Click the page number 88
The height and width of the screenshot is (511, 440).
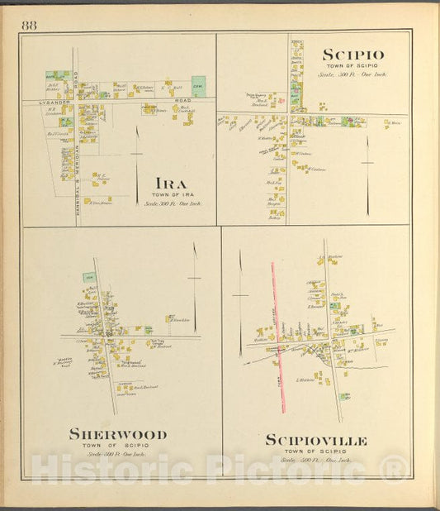29,25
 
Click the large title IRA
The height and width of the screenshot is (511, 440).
169,183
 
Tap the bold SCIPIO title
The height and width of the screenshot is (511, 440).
352,55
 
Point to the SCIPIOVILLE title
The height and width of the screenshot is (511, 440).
316,441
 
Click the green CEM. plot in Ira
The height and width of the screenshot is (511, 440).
198,86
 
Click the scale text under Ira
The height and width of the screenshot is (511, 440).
173,203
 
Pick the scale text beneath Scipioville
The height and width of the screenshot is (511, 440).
315,460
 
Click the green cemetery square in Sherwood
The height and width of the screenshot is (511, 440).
88,279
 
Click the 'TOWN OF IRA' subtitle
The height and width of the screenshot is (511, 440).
172,194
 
